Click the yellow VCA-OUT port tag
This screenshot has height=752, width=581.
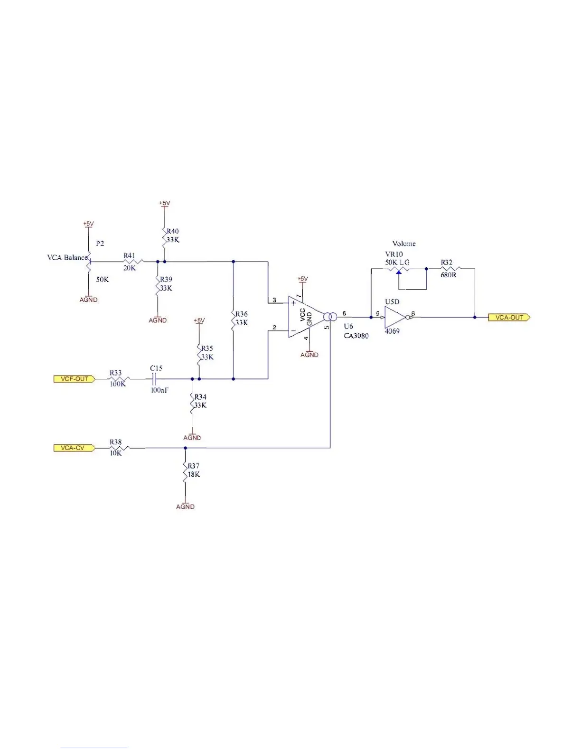pos(509,318)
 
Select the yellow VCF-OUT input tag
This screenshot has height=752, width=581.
pos(74,379)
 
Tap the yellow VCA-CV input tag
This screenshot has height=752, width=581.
pos(74,448)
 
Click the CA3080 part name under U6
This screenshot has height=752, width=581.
pos(356,336)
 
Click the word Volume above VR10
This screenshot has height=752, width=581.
pos(404,244)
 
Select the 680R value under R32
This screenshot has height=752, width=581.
pos(449,275)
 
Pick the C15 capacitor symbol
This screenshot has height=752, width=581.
pos(154,379)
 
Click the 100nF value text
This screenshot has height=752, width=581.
pos(159,390)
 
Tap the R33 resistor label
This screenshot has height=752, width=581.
pos(116,373)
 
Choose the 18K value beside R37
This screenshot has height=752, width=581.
pos(194,474)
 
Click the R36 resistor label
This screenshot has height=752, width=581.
pos(242,314)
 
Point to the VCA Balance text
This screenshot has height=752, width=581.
pos(67,258)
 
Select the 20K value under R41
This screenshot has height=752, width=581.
pos(130,268)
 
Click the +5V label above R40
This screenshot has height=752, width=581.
pos(164,203)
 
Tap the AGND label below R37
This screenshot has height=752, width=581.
pos(185,507)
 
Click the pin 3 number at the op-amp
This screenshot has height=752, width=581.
pos(274,300)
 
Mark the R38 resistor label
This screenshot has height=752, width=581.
pos(116,442)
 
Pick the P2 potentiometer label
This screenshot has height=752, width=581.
pos(100,244)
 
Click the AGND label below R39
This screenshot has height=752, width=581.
pos(158,320)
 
